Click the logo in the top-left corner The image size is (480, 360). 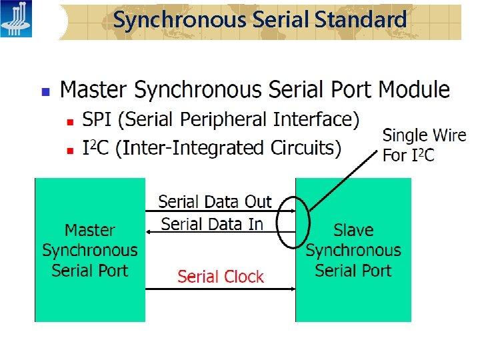16,19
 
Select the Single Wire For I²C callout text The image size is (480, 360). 423,145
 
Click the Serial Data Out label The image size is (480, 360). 215,201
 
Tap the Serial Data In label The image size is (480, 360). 212,224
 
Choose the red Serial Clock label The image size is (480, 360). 221,277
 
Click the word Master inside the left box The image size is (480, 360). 90,231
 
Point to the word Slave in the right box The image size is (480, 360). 353,231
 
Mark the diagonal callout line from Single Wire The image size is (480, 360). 340,181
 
